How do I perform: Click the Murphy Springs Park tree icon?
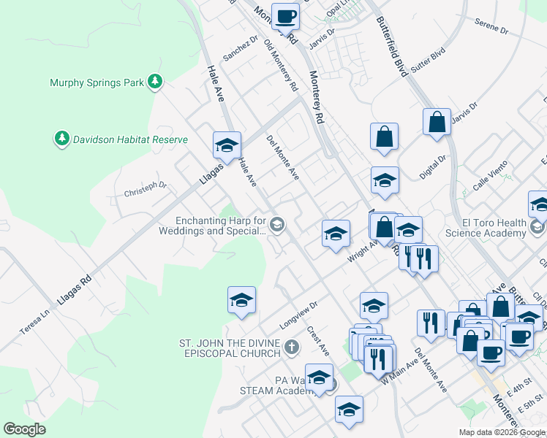click(154, 82)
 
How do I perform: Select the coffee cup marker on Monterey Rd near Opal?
click(285, 16)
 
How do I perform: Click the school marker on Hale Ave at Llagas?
click(227, 145)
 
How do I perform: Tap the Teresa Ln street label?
click(34, 320)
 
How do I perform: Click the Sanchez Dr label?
click(241, 48)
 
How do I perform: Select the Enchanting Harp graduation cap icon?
click(276, 225)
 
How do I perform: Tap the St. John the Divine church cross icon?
click(292, 347)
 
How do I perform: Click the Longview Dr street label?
click(298, 316)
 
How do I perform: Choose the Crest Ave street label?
click(318, 342)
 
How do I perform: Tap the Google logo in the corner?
click(24, 429)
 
